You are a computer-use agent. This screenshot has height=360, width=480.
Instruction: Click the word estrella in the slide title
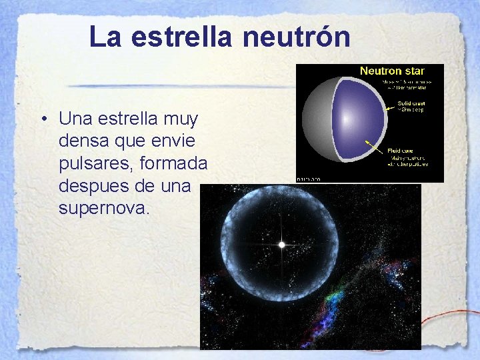[183, 37]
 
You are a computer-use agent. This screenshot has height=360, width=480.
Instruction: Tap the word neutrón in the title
[296, 37]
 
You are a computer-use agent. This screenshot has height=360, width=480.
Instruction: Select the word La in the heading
[107, 37]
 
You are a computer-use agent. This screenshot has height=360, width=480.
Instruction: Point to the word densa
[83, 141]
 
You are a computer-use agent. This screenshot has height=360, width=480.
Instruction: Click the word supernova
[105, 209]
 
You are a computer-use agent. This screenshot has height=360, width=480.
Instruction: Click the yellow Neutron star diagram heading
[392, 71]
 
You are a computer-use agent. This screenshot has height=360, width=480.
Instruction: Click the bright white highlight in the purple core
[345, 120]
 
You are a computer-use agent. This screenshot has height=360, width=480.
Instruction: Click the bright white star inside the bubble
[282, 245]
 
